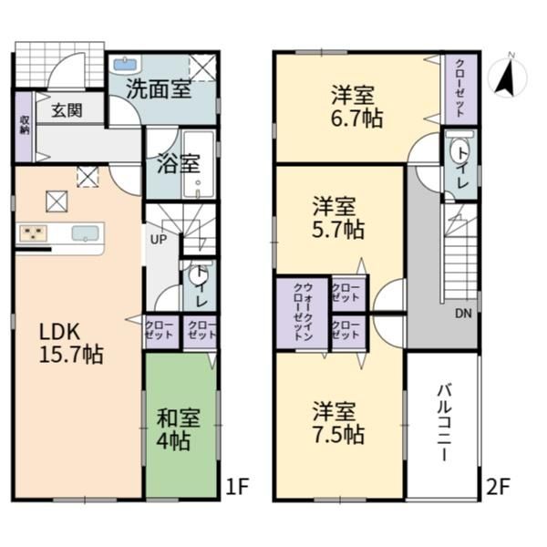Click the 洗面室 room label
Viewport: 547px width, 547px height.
pos(159,89)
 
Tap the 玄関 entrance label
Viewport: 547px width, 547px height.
pos(67,110)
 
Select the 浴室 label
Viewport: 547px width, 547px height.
pos(179,163)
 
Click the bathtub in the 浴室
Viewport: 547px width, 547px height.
pos(198,165)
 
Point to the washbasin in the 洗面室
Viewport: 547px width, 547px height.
pos(125,65)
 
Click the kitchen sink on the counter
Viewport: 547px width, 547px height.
pos(85,233)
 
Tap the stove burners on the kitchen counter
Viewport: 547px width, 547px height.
pos(34,233)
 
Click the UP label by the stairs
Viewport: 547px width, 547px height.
pos(159,240)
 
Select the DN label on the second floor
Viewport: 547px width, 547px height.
pos(463,314)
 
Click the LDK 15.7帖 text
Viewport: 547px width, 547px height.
pos(71,344)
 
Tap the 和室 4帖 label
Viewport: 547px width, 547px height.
pos(179,429)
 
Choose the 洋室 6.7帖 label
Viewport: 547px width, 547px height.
pos(356,107)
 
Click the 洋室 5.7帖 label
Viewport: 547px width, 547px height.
pos(337,218)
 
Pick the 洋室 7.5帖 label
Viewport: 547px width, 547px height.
pos(337,423)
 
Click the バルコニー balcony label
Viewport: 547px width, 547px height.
pos(445,422)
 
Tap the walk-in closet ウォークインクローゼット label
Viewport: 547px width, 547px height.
pos(304,312)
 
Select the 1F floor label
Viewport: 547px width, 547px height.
pos(237,486)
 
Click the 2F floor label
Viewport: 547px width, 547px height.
pos(498,486)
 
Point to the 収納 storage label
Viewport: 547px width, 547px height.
pos(25,125)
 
